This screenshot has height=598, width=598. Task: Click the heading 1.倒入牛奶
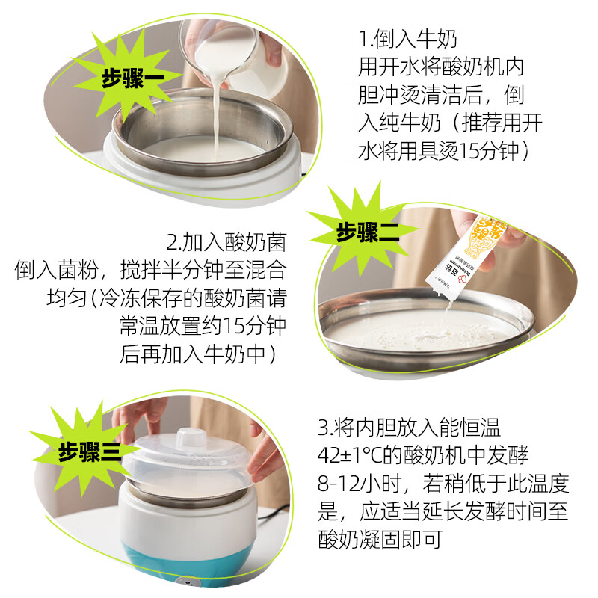point(407,39)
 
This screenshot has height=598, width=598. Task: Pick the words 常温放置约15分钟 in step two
point(202,326)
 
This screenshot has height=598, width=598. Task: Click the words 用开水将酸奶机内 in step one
point(441,67)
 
